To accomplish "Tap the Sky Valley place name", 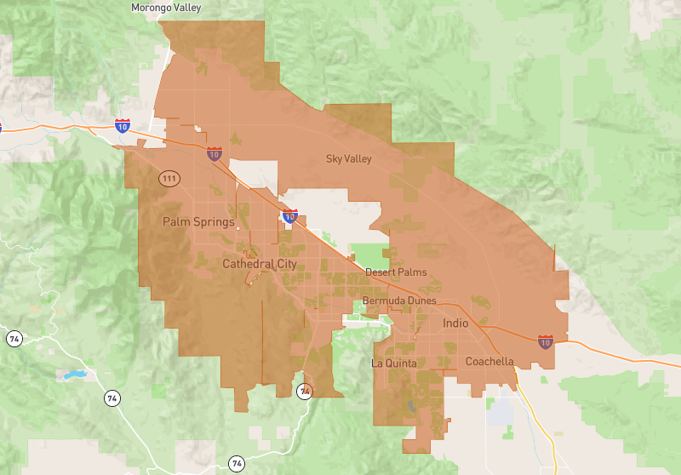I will tap(349, 158).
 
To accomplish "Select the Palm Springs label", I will tap(198, 222).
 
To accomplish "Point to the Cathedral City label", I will tap(260, 264).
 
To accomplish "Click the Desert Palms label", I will tap(396, 272).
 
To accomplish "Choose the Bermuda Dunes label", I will tap(399, 300).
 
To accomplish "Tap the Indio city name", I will tap(455, 323).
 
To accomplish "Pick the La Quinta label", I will tap(394, 363).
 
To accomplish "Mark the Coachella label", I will tap(489, 362).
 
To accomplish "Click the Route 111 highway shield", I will tap(169, 178).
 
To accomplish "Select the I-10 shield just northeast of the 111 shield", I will tap(214, 154).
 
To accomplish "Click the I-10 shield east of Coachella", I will tap(545, 342).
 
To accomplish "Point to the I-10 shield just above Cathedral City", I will tap(290, 216).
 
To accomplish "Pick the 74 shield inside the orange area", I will tap(304, 392).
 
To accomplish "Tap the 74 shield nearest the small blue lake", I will tap(112, 398).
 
